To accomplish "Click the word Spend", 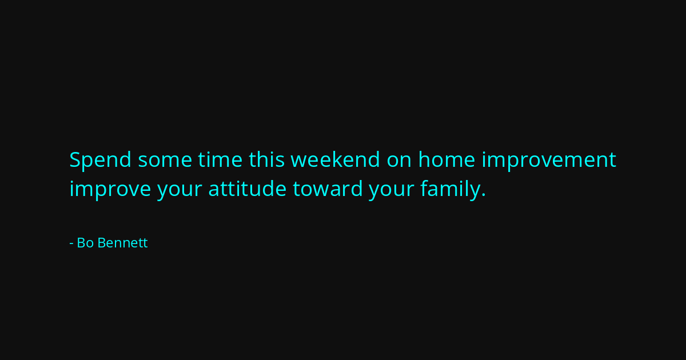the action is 101,161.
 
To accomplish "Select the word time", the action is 220,160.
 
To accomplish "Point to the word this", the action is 267,159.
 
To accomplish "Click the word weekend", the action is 336,159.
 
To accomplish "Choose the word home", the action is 447,159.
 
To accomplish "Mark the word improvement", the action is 549,161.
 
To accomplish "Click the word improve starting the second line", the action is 110,190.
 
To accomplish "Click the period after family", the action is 484,195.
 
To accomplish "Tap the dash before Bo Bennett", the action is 71,244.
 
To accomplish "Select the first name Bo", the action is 85,243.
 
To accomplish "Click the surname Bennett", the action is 122,243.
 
